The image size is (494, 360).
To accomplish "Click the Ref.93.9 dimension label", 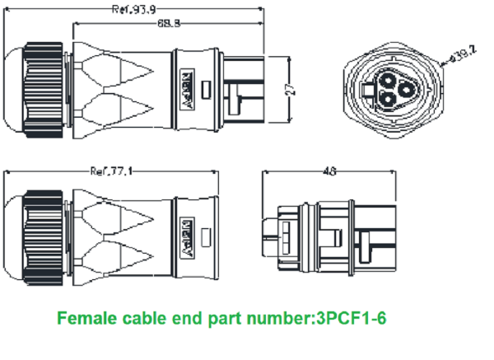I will [x=131, y=11].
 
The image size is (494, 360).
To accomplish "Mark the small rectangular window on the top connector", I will [x=207, y=91].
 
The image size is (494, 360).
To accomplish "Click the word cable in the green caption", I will [x=150, y=317].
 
